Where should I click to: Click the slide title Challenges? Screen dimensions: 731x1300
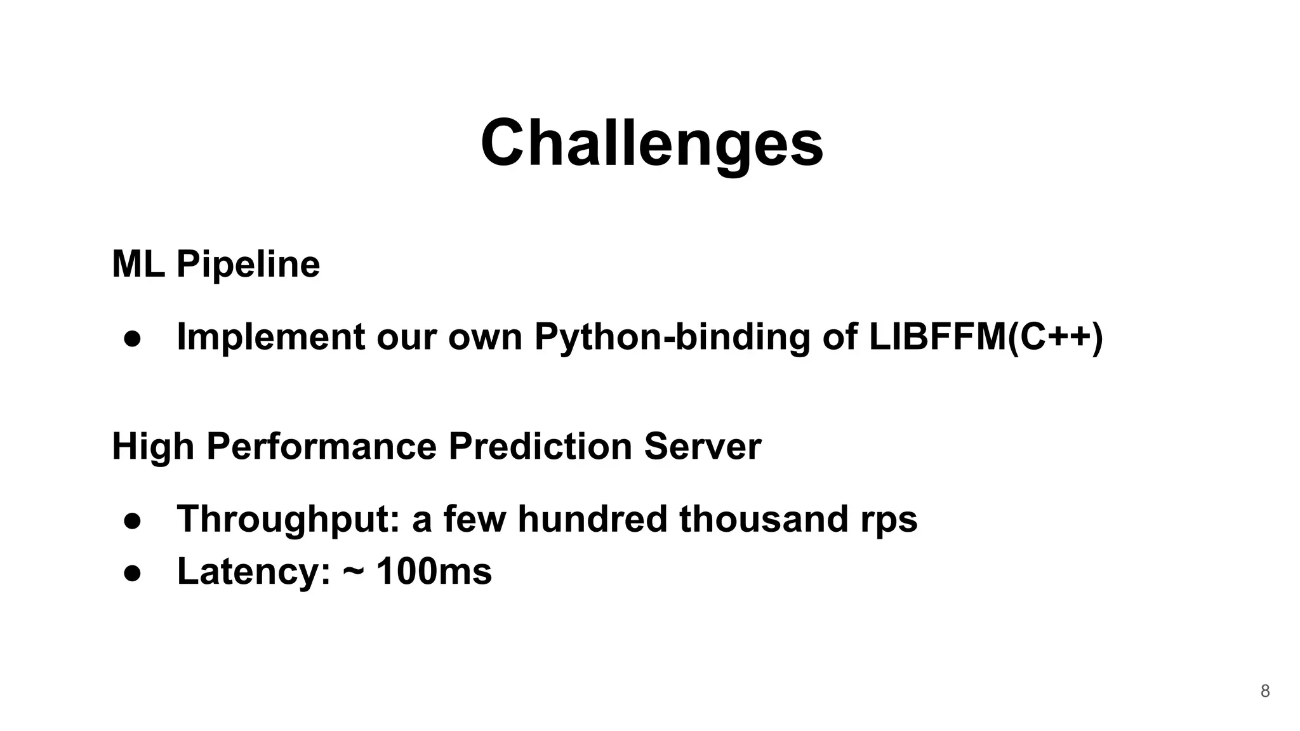[x=652, y=143]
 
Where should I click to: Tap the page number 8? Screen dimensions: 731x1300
[x=1264, y=691]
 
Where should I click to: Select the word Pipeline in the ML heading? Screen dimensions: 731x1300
[x=248, y=264]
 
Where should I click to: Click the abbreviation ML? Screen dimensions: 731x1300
[x=138, y=264]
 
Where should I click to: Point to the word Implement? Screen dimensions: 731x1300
[x=270, y=336]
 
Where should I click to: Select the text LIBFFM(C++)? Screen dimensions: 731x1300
[x=986, y=336]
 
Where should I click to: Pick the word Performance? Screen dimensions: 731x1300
[x=321, y=446]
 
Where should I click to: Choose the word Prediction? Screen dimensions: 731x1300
[x=540, y=446]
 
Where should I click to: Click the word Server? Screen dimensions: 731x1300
[x=702, y=446]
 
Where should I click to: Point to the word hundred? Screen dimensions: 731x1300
[x=592, y=519]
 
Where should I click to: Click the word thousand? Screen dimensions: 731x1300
[x=764, y=519]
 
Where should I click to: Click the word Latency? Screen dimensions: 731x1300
[x=254, y=571]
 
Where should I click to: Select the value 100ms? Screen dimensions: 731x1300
[x=434, y=571]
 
